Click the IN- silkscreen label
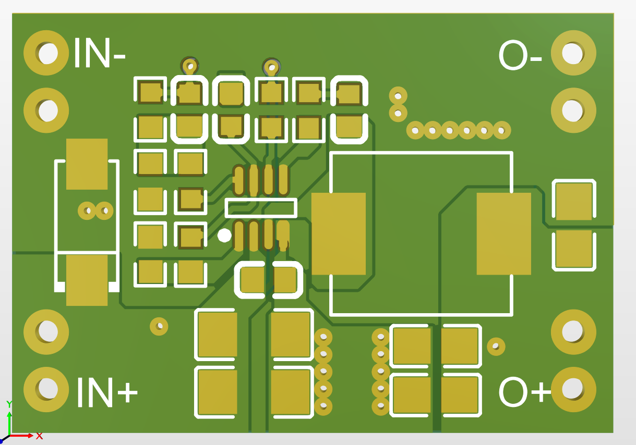[x=99, y=53]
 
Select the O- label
[x=520, y=56]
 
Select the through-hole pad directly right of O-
[x=573, y=53]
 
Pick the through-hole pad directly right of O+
[x=573, y=389]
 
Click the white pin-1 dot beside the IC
[x=224, y=236]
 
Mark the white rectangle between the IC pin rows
[x=261, y=208]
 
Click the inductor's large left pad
[x=339, y=233]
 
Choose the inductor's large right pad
[x=503, y=233]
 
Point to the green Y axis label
[x=9, y=404]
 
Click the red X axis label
[x=39, y=436]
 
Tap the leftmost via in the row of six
[x=416, y=130]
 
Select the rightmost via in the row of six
[x=501, y=130]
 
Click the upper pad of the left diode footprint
[x=87, y=164]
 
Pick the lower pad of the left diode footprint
[x=87, y=280]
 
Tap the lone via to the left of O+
[x=496, y=345]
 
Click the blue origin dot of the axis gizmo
[x=2, y=441]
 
